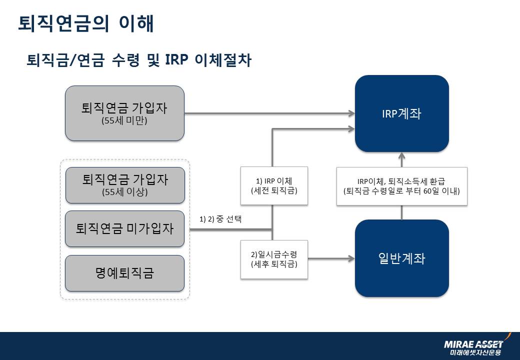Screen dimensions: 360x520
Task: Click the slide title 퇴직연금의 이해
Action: pos(85,23)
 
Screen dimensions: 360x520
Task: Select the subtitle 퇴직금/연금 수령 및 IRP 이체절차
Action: pos(139,60)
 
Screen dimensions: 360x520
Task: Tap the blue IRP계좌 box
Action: pos(401,113)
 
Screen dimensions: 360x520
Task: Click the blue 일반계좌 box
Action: pos(401,258)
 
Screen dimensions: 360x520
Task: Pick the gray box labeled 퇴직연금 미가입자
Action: pos(124,229)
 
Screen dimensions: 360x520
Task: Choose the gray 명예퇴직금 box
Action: pos(124,273)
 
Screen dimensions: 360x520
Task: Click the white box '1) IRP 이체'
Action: pos(274,185)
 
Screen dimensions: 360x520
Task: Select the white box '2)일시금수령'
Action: pos(274,258)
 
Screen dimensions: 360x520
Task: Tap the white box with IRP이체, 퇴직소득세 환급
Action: pos(401,186)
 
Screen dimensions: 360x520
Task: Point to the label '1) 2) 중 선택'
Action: pos(220,219)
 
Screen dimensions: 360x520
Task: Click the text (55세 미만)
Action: pos(124,120)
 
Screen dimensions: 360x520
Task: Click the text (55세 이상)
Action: pos(124,192)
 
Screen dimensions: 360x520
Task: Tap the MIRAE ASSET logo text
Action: pos(473,344)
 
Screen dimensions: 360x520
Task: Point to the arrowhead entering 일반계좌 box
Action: pos(351,258)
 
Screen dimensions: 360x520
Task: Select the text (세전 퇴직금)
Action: pos(274,190)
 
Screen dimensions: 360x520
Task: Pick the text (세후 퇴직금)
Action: pos(274,263)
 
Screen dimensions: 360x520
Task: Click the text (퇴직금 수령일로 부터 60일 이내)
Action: pos(401,191)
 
